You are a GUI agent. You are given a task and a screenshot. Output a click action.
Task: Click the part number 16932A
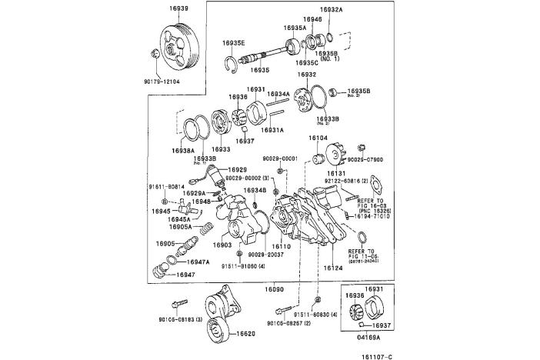pyautogui.click(x=332, y=9)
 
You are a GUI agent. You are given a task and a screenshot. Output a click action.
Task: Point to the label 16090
pyautogui.click(x=275, y=288)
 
